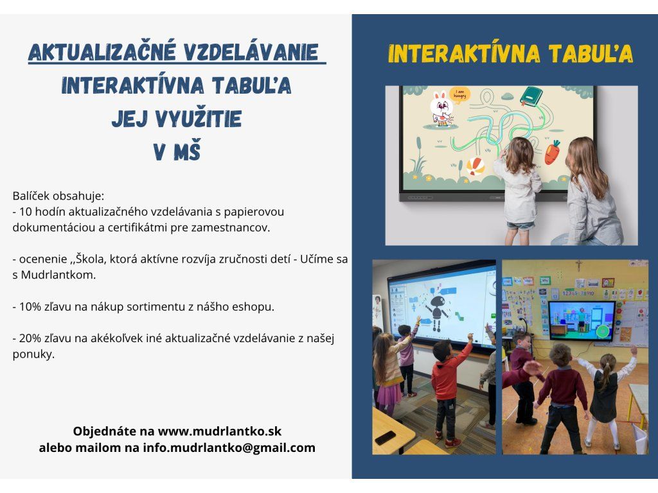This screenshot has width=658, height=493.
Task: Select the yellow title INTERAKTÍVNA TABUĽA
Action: point(510,54)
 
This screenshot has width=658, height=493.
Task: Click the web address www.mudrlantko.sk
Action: point(220,431)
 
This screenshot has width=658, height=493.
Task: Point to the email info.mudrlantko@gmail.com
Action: point(229,447)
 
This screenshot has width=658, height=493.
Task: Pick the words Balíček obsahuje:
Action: point(58,196)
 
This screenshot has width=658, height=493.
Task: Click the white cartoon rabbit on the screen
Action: point(442,108)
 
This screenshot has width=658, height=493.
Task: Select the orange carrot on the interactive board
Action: point(552,151)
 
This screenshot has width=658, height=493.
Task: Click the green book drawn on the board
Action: point(531,96)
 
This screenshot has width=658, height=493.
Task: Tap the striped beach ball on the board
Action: point(476,166)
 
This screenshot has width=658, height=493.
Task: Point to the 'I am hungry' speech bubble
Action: point(459,95)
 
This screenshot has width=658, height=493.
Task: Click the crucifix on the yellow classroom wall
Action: point(579,265)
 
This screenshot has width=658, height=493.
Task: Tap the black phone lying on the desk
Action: point(386,438)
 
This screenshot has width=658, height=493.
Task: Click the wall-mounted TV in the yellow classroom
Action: point(582,321)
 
